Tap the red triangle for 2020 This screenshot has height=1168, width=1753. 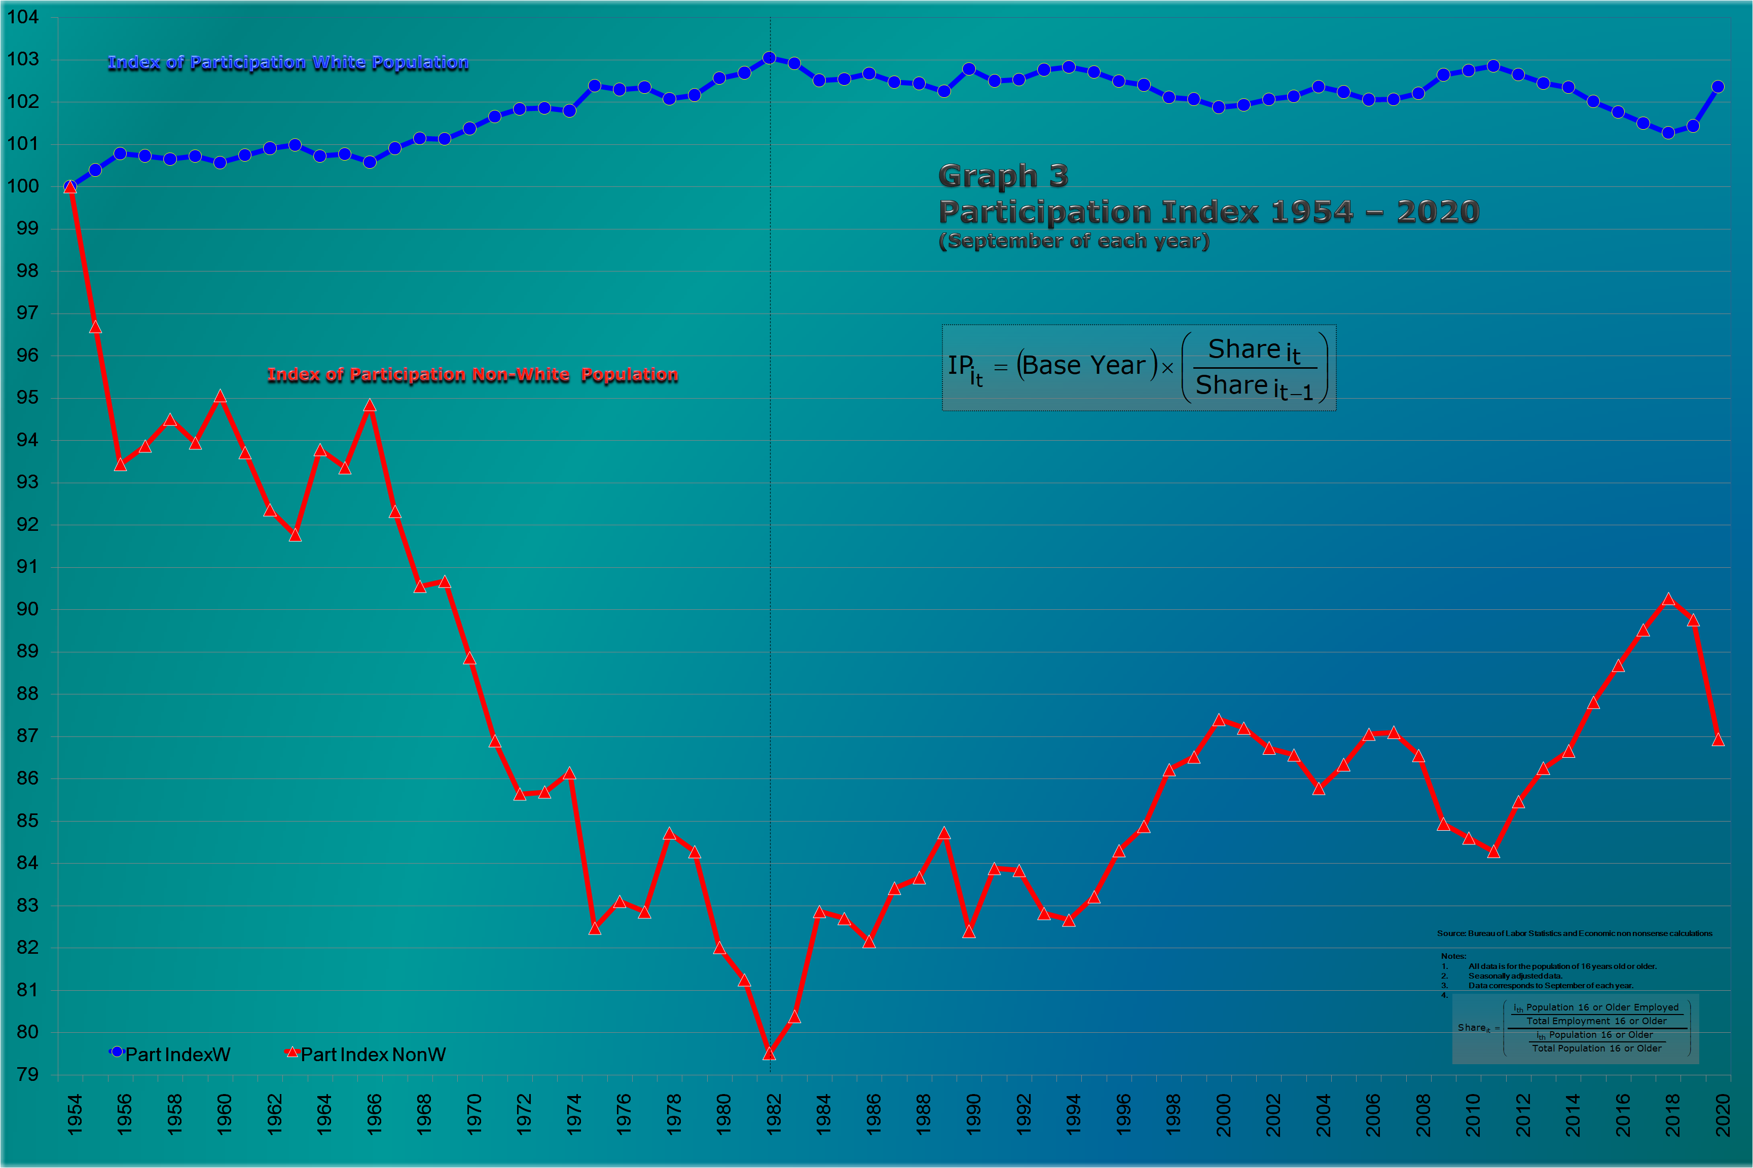[1718, 739]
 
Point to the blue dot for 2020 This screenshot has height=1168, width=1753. [1718, 87]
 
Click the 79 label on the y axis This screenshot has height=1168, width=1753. [27, 1074]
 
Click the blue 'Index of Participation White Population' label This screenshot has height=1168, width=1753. [288, 63]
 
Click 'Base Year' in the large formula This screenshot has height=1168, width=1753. [1084, 365]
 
